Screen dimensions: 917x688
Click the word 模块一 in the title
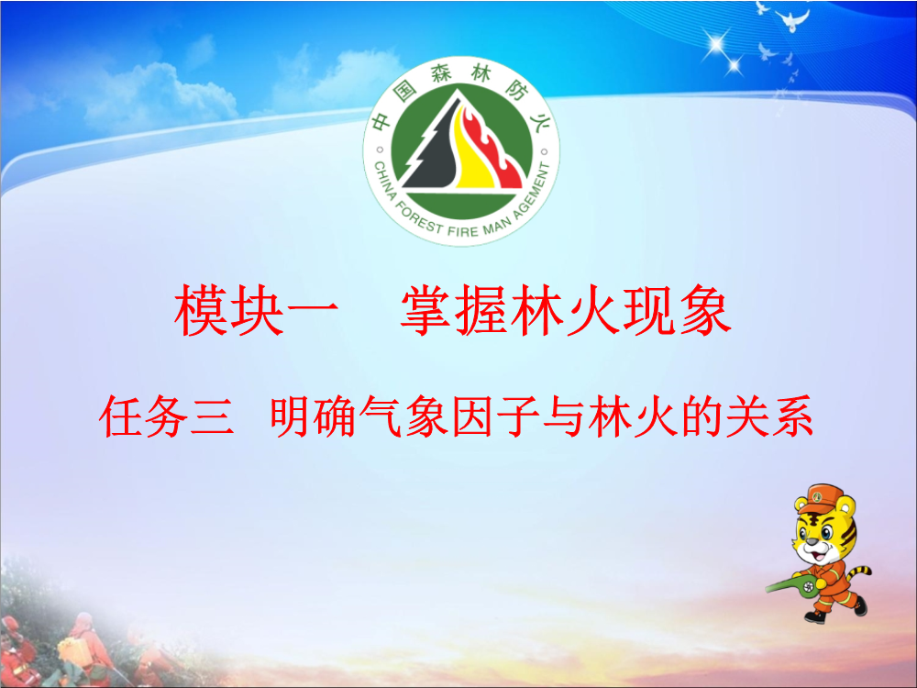pos(257,310)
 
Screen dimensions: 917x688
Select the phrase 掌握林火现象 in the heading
pos(566,310)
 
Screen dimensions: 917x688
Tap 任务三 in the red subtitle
pos(167,417)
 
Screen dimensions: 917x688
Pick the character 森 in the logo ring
pos(442,74)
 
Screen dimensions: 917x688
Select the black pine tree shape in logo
pos(430,146)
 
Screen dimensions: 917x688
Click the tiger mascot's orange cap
pos(822,497)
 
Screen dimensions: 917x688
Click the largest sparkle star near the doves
pos(716,43)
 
